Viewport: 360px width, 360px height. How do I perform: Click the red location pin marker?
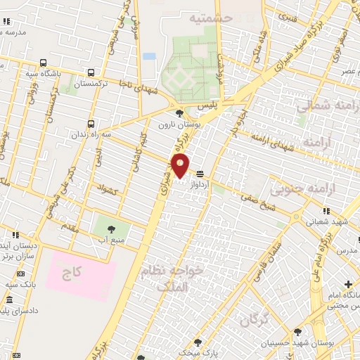point(181,166)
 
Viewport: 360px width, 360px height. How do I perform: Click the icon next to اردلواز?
point(200,173)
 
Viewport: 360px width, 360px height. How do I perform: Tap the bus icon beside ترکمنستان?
point(91,72)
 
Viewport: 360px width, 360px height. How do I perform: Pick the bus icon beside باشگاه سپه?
point(44,61)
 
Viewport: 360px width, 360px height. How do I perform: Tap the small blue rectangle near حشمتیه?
point(149,56)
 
